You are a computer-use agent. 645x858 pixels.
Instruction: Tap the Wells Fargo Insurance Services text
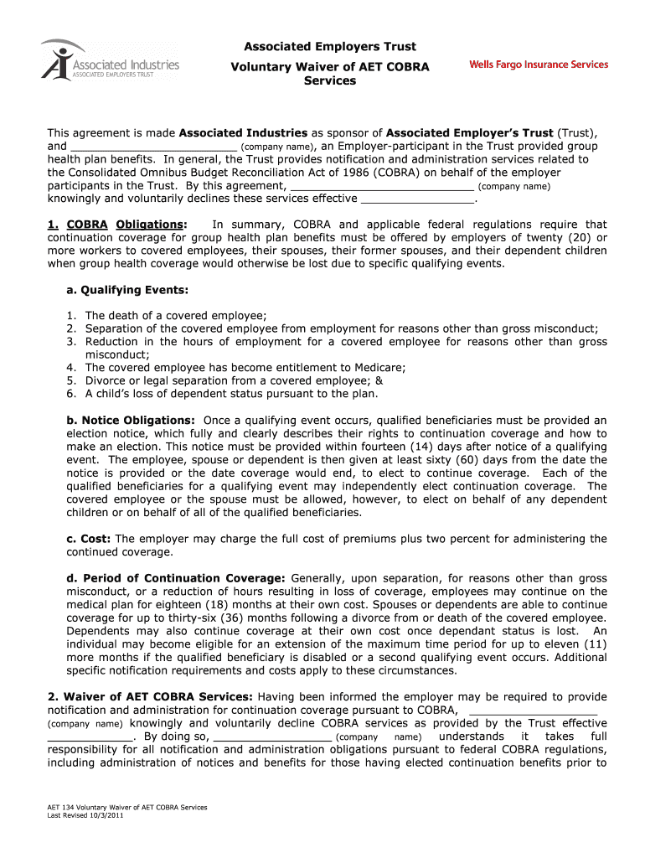[x=539, y=65]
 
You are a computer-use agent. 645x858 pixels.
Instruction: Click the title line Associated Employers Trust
[x=329, y=46]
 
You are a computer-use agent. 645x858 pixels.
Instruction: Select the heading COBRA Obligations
[x=116, y=225]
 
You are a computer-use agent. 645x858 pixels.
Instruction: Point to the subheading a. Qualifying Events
[x=127, y=290]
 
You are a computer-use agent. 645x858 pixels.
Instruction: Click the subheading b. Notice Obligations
[x=131, y=420]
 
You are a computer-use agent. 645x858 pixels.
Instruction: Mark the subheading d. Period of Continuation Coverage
[x=176, y=578]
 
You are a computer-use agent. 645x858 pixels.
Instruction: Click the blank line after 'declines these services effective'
[x=416, y=199]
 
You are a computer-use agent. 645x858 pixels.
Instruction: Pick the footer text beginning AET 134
[x=126, y=807]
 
